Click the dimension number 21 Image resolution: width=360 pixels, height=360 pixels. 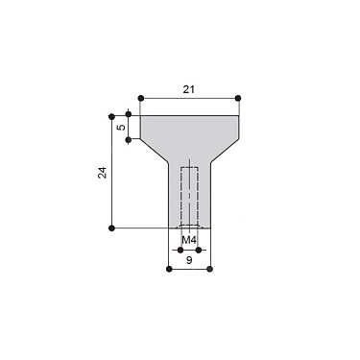pyautogui.click(x=188, y=87)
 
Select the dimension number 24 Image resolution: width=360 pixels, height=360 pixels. pyautogui.click(x=103, y=173)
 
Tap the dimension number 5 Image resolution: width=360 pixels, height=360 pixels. pyautogui.click(x=120, y=126)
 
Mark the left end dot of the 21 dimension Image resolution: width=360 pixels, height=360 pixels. pyautogui.click(x=141, y=98)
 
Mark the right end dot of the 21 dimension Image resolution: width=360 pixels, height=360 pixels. pyautogui.click(x=237, y=98)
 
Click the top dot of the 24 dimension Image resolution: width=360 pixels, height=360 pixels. pyautogui.click(x=113, y=116)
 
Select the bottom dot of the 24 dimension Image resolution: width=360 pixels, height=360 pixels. pyautogui.click(x=113, y=228)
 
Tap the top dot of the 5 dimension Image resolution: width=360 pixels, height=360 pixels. pyautogui.click(x=130, y=116)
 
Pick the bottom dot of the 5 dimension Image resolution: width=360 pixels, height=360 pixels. pyautogui.click(x=130, y=138)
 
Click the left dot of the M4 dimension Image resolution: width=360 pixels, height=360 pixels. pyautogui.click(x=179, y=250)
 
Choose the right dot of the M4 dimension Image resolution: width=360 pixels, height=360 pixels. pyautogui.click(x=198, y=250)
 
